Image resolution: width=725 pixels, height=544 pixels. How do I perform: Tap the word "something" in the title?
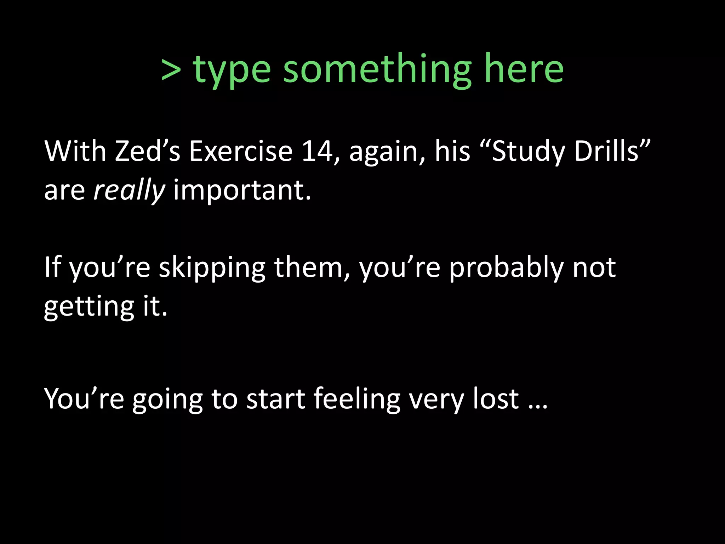[x=377, y=69]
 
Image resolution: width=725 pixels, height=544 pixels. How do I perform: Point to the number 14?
[x=317, y=151]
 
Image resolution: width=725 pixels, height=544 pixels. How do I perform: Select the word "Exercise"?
[x=241, y=151]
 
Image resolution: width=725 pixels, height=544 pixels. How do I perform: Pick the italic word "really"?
[x=129, y=191]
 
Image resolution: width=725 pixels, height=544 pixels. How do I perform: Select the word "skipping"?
[x=212, y=268]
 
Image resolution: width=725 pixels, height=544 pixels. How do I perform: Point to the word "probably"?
[x=506, y=268]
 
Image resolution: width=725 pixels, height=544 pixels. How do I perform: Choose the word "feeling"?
[x=357, y=399]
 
